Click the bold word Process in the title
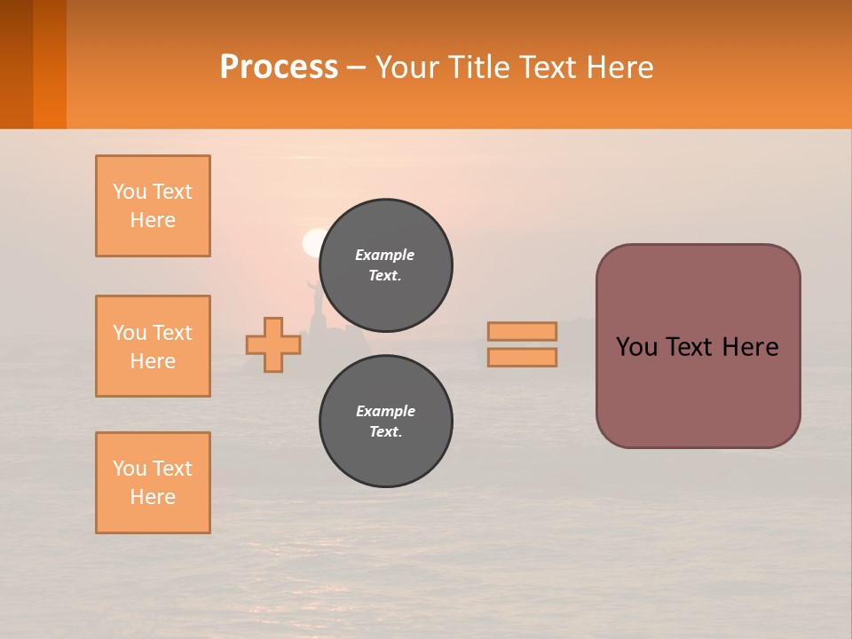click(279, 67)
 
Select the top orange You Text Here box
click(153, 206)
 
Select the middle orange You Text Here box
click(153, 346)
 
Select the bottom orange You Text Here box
click(153, 483)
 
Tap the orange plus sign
click(272, 345)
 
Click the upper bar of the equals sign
click(522, 331)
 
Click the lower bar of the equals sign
click(522, 357)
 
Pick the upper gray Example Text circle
click(386, 265)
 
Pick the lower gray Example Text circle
click(386, 422)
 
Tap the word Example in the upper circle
click(384, 255)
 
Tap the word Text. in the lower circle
click(385, 432)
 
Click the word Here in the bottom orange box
click(153, 497)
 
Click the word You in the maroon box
click(636, 347)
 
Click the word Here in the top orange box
click(153, 220)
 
